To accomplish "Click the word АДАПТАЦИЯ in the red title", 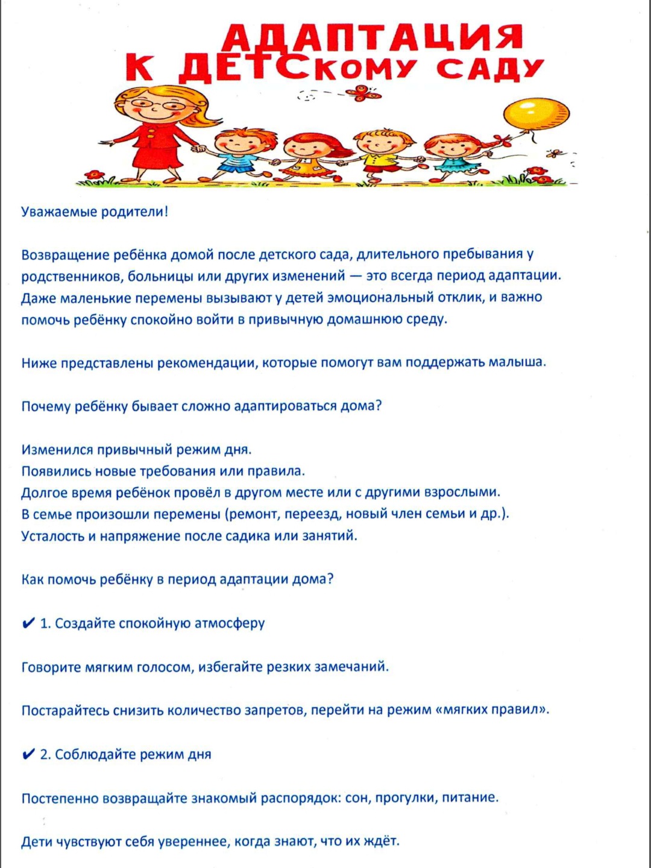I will coord(372,37).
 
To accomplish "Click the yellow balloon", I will coord(536,115).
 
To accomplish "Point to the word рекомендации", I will coord(206,363).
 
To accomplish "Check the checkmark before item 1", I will coord(28,623).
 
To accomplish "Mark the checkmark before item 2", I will coord(28,754).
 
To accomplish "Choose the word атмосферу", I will coord(230,623).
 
